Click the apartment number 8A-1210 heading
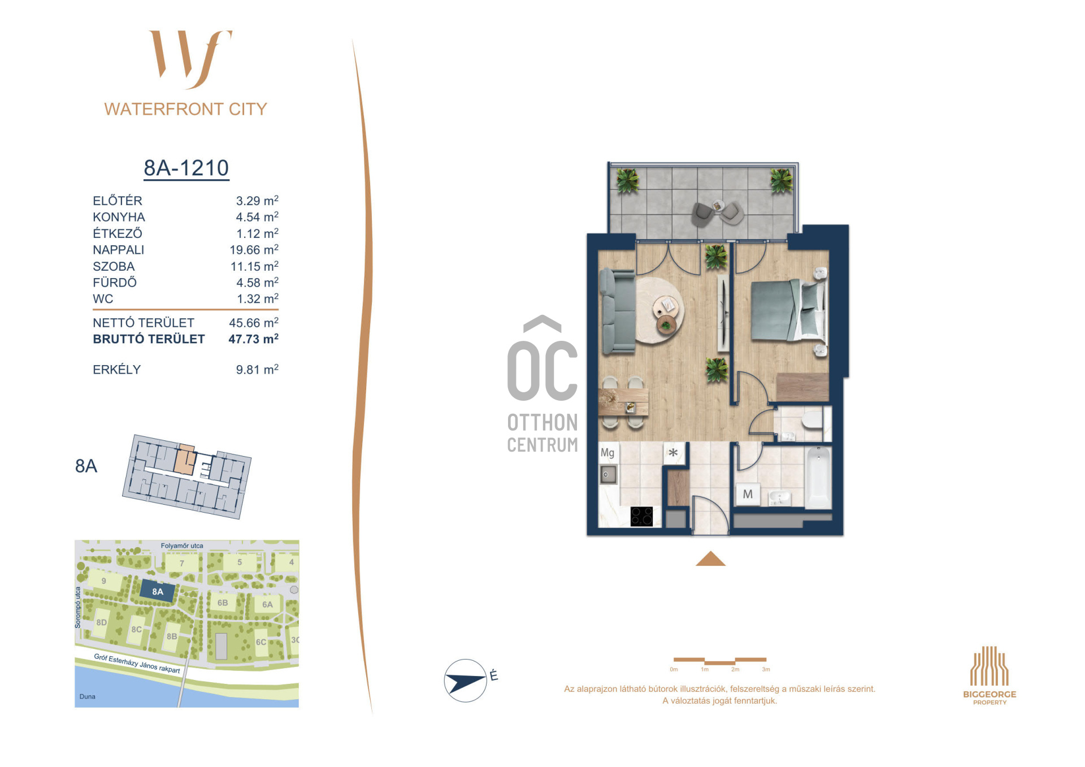tap(186, 168)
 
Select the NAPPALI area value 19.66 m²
tap(254, 249)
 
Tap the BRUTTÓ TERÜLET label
tap(149, 339)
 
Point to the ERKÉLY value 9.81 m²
tap(257, 369)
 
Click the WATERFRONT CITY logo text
tap(185, 109)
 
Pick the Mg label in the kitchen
tap(607, 453)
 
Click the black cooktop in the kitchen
tap(642, 516)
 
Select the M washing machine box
tap(748, 494)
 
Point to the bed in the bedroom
tap(788, 310)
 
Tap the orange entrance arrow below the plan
tap(710, 558)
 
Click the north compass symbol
tap(466, 681)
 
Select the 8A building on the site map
tap(157, 592)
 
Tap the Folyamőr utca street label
tap(182, 546)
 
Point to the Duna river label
tap(88, 696)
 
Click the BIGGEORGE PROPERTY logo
tap(989, 675)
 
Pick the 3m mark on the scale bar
tap(766, 669)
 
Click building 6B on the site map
tap(223, 603)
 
